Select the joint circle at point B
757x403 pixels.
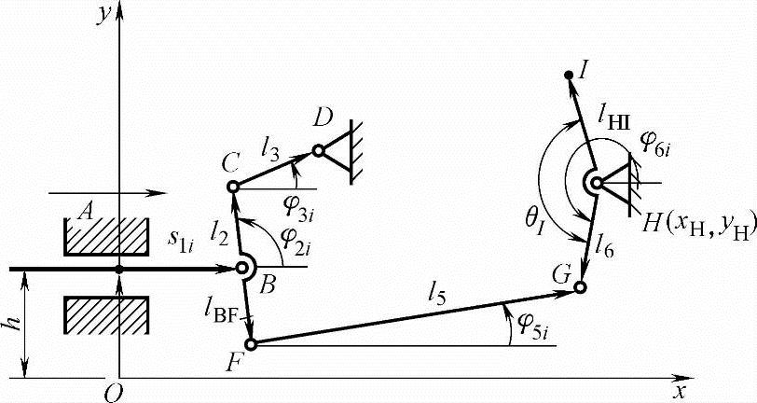pyautogui.click(x=243, y=269)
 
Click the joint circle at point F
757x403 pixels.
pyautogui.click(x=250, y=343)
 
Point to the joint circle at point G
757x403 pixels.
pyautogui.click(x=580, y=286)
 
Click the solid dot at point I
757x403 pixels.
pyautogui.click(x=569, y=75)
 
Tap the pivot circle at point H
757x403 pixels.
pyautogui.click(x=593, y=183)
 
